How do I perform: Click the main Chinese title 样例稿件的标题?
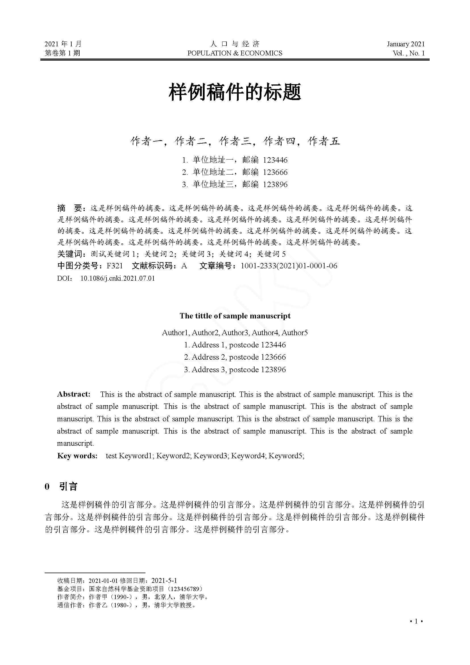[x=235, y=92]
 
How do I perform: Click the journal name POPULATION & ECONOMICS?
[x=235, y=53]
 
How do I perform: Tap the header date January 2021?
[x=406, y=44]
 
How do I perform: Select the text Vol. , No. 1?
[x=409, y=53]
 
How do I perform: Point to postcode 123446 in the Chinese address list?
[x=275, y=160]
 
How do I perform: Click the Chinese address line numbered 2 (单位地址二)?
[x=235, y=172]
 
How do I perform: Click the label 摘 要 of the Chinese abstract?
[x=70, y=208]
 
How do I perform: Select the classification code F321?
[x=115, y=266]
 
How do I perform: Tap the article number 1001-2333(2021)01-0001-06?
[x=289, y=266]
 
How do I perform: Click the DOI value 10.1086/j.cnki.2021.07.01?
[x=118, y=278]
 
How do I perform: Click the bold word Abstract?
[x=74, y=394]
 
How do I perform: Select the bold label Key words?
[x=77, y=456]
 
